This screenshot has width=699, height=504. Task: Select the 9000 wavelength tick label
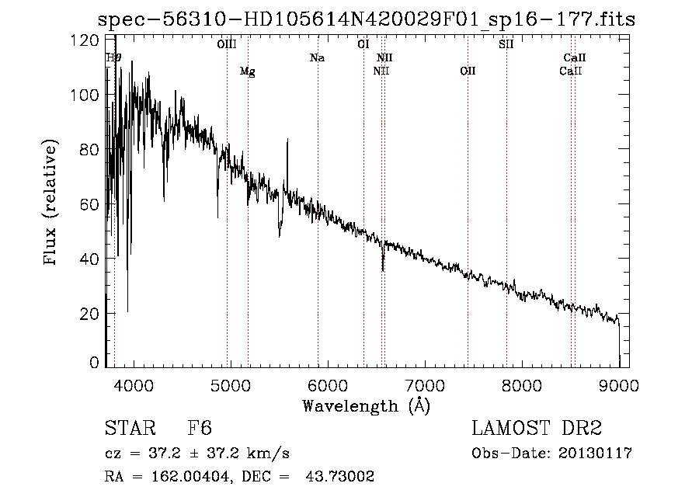pos(619,384)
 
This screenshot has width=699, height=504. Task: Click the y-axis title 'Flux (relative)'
pos(51,203)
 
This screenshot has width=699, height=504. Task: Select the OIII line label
pos(227,45)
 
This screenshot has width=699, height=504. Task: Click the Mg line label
pos(248,71)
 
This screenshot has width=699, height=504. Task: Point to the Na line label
pos(317,58)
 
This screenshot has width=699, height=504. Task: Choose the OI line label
pos(363,45)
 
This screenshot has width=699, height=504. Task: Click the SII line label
pos(506,45)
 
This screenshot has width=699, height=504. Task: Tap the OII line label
pos(468,71)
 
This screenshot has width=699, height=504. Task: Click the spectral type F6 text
pos(200,429)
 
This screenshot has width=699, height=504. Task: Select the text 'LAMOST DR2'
pos(537,429)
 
